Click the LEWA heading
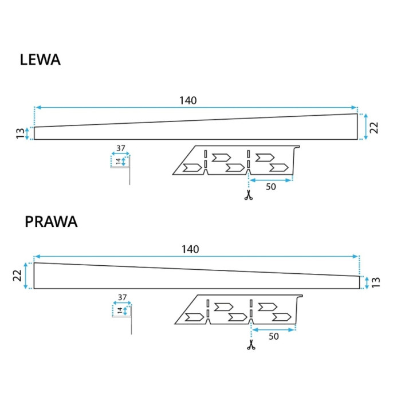[x=40, y=60]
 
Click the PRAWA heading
[x=51, y=222]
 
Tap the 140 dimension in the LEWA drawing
[x=188, y=100]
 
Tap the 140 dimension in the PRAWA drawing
[x=190, y=249]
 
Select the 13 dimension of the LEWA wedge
[x=20, y=133]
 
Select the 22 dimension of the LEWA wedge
[x=374, y=128]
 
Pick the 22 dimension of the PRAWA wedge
[x=17, y=276]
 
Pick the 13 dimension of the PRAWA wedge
[x=376, y=282]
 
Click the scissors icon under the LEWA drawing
[x=248, y=195]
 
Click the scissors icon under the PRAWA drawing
[x=251, y=345]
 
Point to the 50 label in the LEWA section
[x=271, y=187]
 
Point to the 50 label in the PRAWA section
[x=274, y=336]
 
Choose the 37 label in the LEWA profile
[x=121, y=148]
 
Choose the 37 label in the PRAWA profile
[x=122, y=297]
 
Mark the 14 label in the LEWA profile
[x=118, y=162]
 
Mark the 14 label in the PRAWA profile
[x=120, y=310]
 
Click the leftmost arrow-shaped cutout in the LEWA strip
[x=192, y=168]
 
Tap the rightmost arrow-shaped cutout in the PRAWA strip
[x=282, y=317]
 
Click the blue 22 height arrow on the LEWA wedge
[x=365, y=127]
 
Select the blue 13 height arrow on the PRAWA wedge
[x=367, y=283]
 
